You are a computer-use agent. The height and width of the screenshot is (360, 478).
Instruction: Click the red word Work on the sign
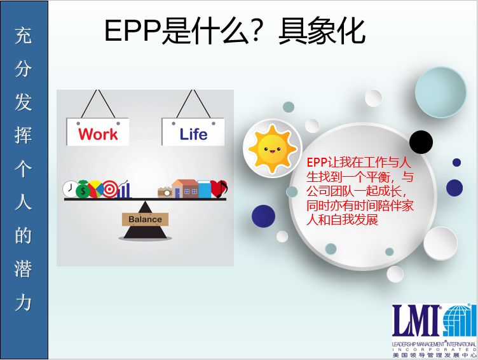(98, 134)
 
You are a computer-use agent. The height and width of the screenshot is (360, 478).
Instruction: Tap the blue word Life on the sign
(193, 134)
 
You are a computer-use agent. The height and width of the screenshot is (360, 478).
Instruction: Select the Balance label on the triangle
(145, 219)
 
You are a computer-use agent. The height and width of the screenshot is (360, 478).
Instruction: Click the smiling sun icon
(272, 149)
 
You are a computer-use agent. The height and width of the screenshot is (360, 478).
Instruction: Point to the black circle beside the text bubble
(421, 142)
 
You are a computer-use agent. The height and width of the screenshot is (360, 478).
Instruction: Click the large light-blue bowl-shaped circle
(440, 92)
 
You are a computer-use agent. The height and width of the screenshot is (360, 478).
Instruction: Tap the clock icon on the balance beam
(70, 189)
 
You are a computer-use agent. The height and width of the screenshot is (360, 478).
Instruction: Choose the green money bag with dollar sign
(82, 189)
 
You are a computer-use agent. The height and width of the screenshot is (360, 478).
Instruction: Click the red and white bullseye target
(110, 189)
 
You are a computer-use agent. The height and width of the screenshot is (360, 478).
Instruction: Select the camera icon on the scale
(165, 192)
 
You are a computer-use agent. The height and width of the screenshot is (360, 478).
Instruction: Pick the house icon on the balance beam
(185, 188)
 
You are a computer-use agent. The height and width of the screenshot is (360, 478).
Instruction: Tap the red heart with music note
(219, 189)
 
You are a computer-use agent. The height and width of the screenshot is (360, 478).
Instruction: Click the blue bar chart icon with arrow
(124, 189)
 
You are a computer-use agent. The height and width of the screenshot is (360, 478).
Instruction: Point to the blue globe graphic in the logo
(460, 320)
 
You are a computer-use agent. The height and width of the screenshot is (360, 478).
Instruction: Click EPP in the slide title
(133, 31)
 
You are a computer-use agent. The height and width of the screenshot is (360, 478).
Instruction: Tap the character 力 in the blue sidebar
(23, 303)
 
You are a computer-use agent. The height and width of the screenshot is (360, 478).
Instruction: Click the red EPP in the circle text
(317, 162)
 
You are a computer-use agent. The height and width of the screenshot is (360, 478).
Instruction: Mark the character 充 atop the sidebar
(23, 36)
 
